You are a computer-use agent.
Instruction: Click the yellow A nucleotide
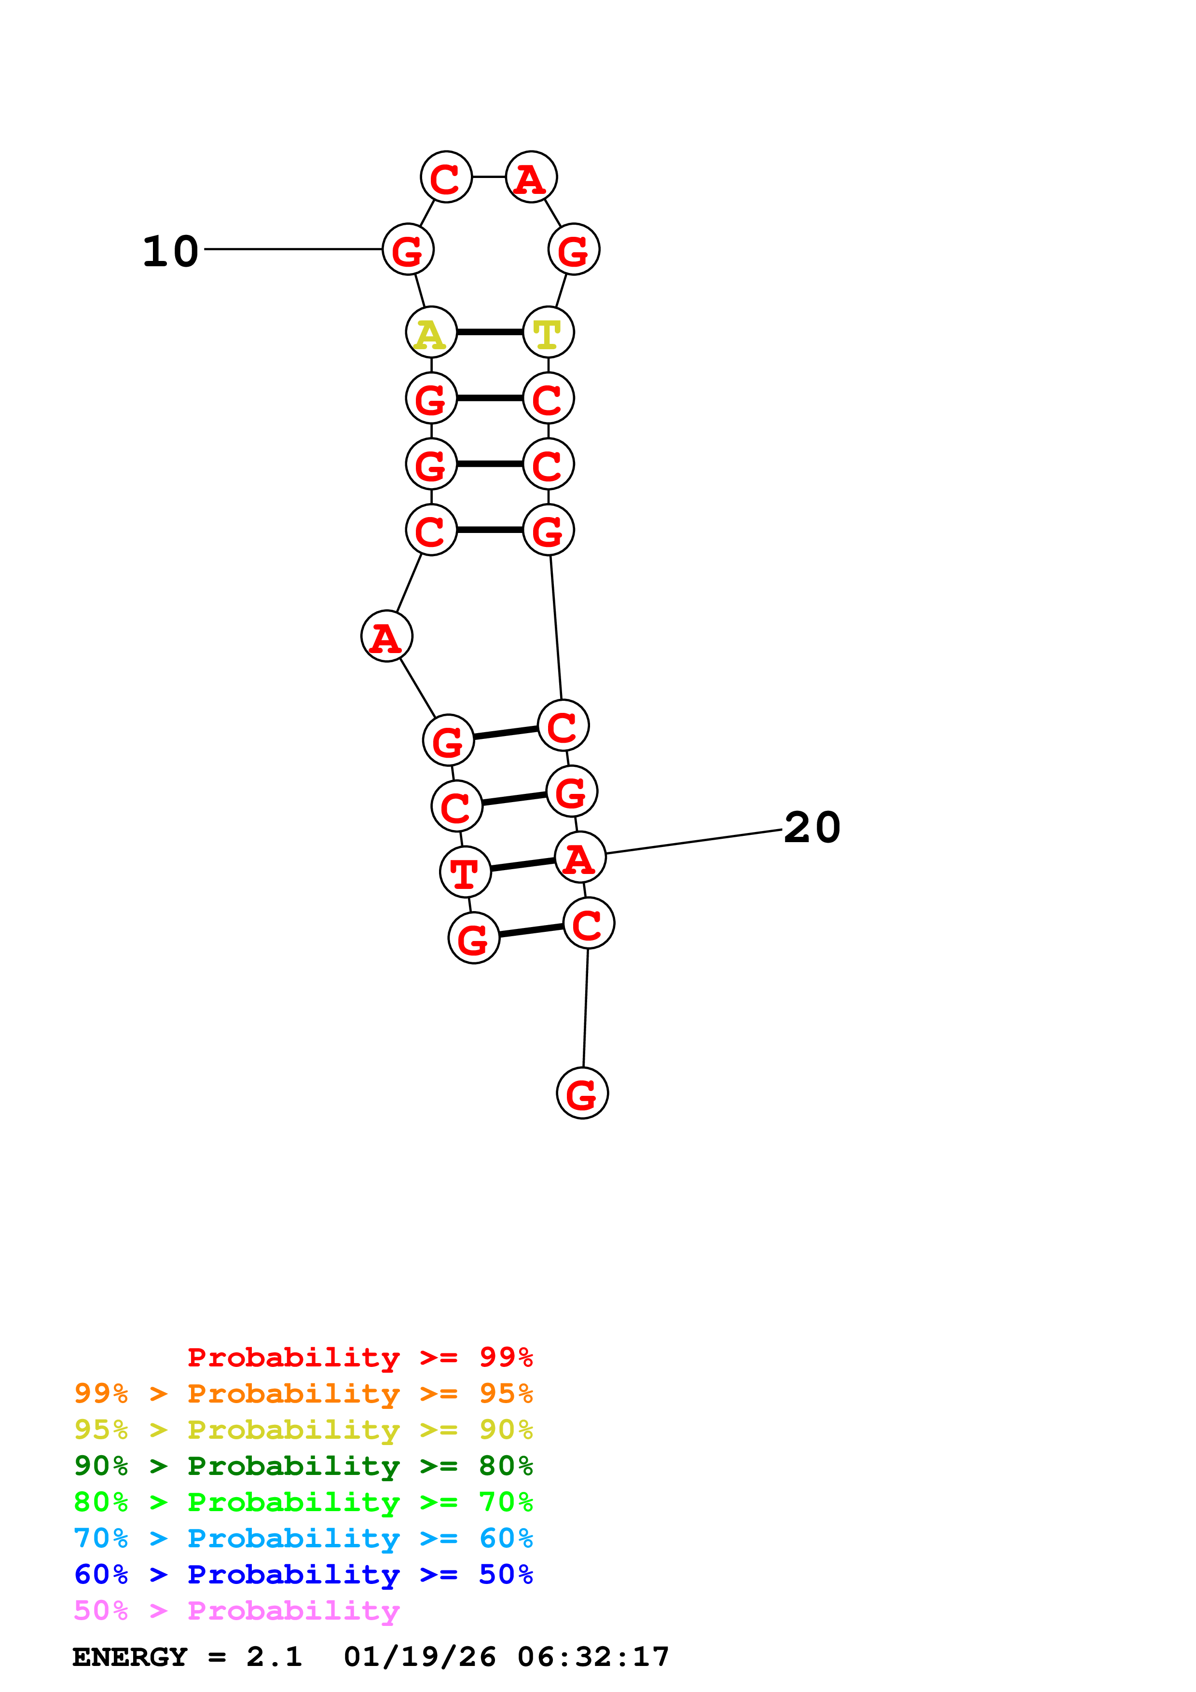(431, 332)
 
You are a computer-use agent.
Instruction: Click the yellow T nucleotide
(548, 332)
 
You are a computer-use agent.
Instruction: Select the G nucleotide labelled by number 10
(408, 250)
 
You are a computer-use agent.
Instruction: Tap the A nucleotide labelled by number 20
(580, 857)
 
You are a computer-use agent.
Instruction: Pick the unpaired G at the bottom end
(582, 1093)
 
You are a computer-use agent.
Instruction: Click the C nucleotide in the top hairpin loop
(446, 177)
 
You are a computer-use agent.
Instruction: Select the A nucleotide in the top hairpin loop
(531, 177)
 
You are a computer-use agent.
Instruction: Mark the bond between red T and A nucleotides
(522, 864)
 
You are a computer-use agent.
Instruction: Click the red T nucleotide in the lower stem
(465, 873)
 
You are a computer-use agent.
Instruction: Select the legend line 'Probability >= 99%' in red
(359, 1357)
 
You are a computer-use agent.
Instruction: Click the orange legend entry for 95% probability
(303, 1393)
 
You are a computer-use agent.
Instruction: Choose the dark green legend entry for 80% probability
(303, 1466)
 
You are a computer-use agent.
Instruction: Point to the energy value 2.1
(274, 1657)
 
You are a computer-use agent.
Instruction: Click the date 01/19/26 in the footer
(420, 1657)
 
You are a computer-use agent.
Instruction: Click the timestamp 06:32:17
(593, 1657)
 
